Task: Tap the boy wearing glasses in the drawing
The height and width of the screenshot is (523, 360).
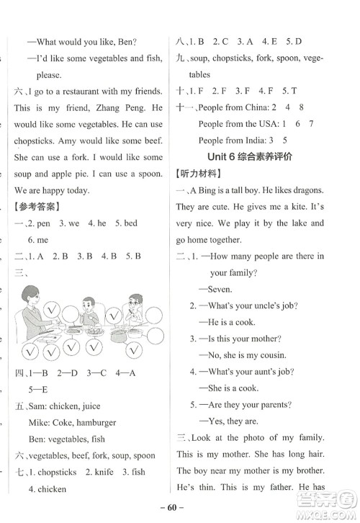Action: (x=135, y=311)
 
